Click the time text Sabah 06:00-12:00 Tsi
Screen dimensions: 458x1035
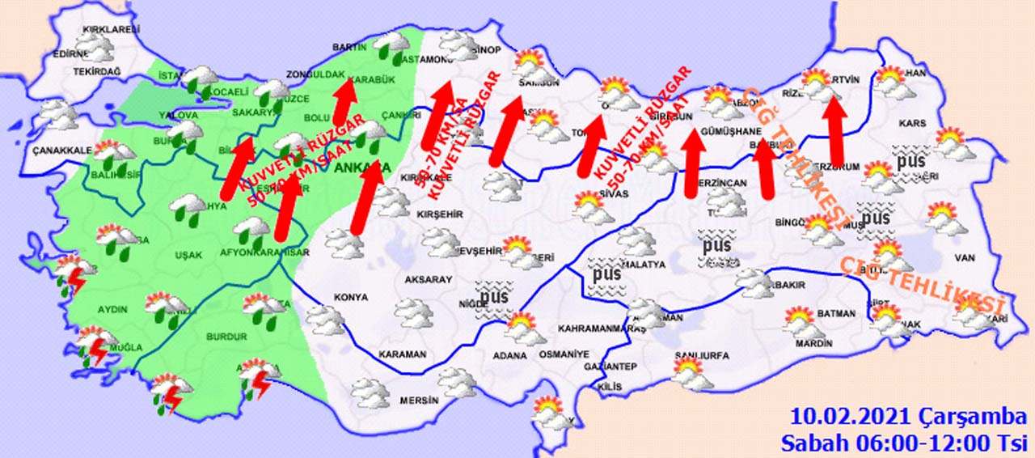click(904, 443)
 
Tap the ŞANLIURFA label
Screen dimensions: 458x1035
click(700, 355)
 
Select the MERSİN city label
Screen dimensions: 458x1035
click(419, 401)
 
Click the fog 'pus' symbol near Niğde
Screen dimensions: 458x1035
click(493, 296)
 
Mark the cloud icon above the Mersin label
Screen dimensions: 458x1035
click(456, 382)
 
